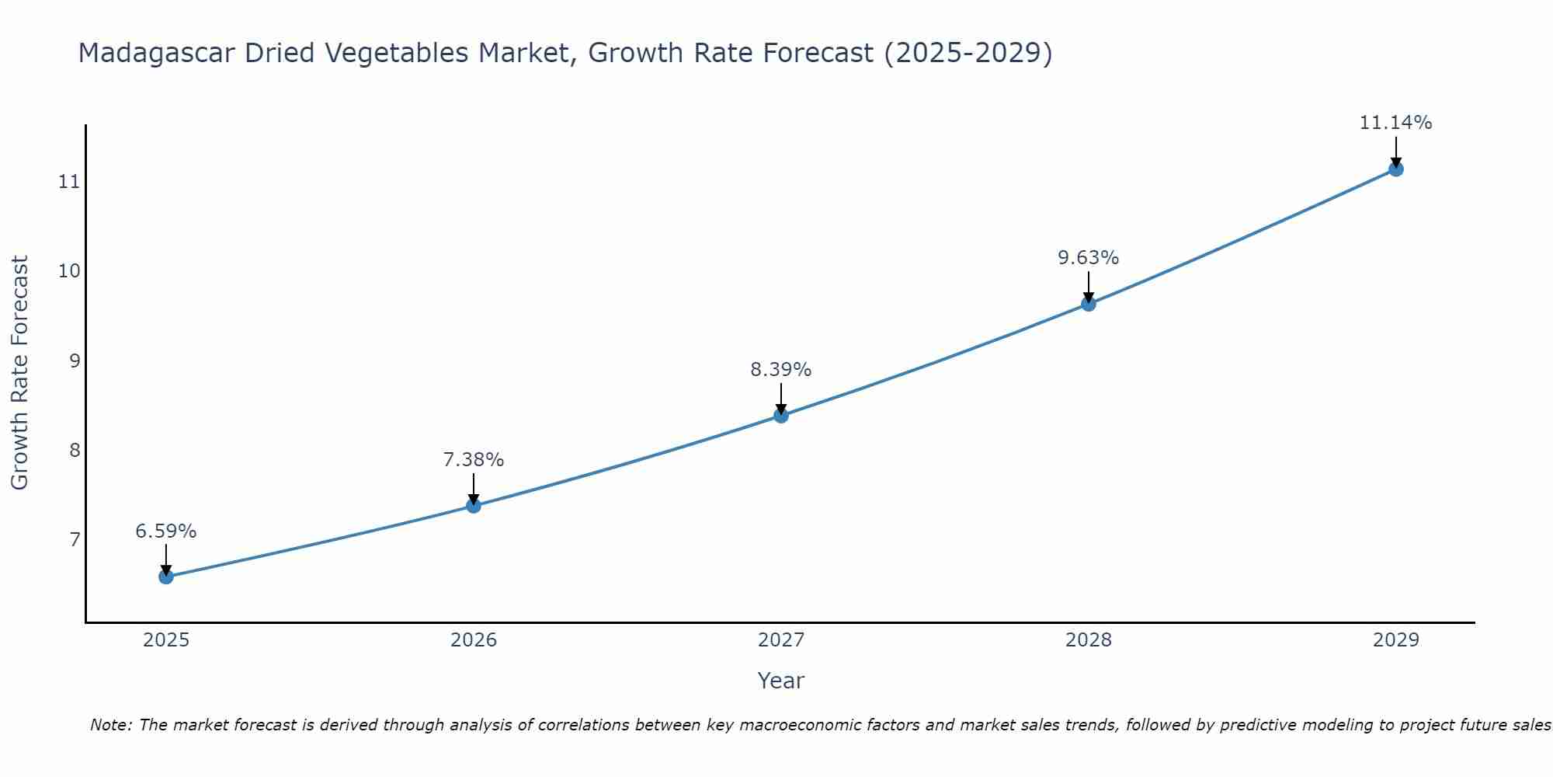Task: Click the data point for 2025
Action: (x=166, y=577)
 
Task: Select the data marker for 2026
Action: (x=474, y=506)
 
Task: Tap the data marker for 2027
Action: (x=781, y=416)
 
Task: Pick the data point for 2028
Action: (x=1089, y=304)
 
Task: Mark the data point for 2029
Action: (x=1395, y=169)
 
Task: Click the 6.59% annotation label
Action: (x=166, y=531)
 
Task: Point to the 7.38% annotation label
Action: (x=474, y=460)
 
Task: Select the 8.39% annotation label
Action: (x=781, y=370)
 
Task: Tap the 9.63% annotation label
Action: (x=1089, y=258)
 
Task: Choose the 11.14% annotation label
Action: (x=1395, y=123)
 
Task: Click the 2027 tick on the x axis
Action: (x=781, y=640)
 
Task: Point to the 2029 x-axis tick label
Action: (x=1395, y=640)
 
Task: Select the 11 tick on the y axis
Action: (x=69, y=182)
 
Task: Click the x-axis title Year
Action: (x=781, y=681)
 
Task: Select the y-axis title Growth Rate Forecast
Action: (x=19, y=373)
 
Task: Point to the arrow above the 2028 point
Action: (x=1089, y=286)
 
